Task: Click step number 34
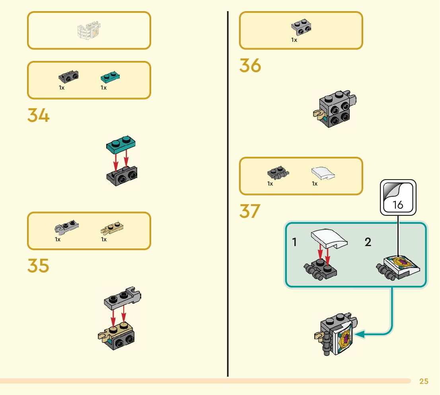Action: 38,115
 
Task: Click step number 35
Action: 38,266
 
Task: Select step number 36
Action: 250,65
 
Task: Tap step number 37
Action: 250,211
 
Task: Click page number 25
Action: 424,381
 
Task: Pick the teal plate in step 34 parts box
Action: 111,76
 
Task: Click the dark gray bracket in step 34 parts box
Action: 68,76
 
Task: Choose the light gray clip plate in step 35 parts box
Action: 66,228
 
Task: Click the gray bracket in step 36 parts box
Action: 301,26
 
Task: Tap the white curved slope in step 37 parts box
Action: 323,173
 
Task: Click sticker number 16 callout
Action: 398,198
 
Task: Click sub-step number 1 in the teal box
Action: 294,242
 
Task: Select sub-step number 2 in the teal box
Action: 368,242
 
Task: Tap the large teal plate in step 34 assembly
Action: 121,145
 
